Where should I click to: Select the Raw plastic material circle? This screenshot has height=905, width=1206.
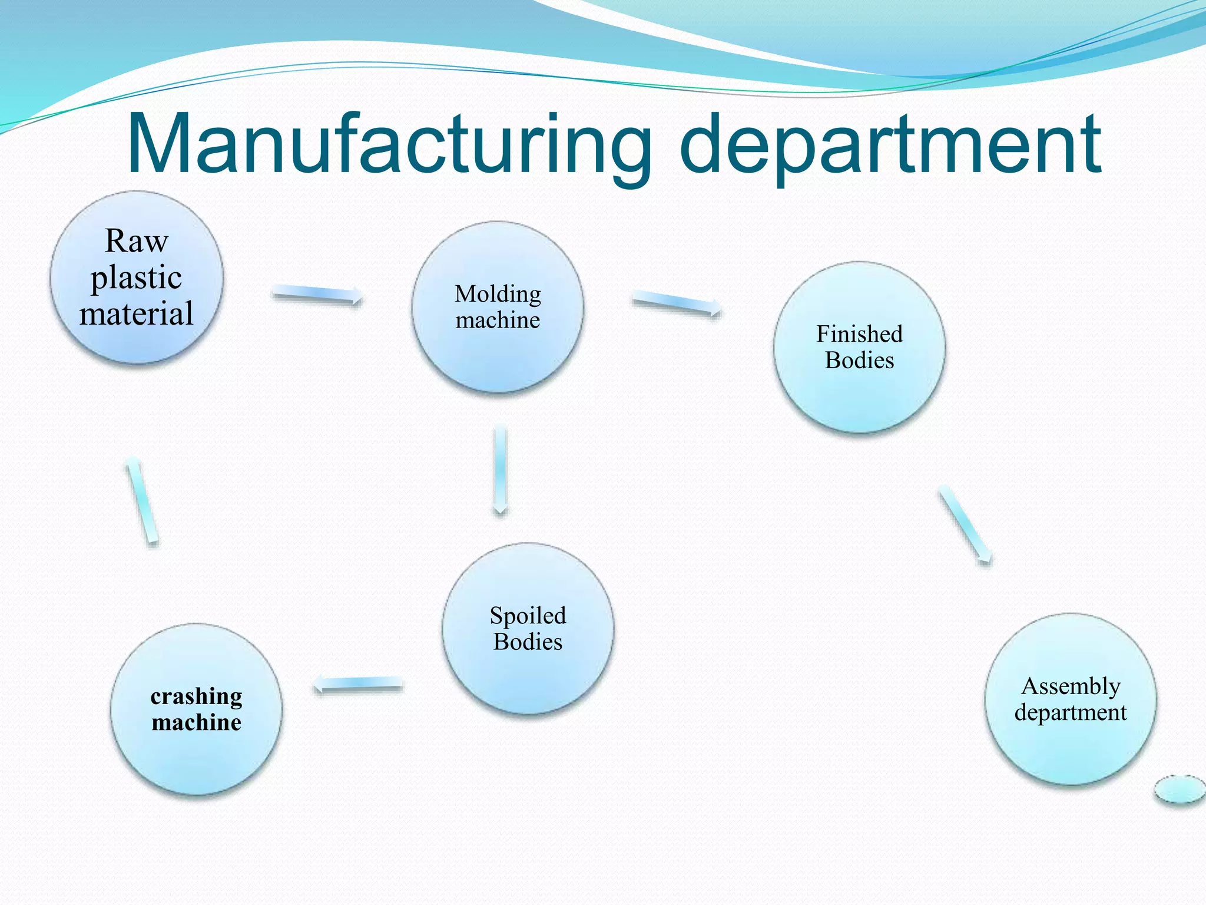(137, 278)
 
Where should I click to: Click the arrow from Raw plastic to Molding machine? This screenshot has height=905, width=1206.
(317, 294)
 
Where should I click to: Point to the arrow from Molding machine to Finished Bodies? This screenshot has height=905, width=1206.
(676, 303)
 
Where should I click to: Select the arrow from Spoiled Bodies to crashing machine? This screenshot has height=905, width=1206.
(359, 684)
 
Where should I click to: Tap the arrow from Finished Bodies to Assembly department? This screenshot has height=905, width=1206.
(965, 524)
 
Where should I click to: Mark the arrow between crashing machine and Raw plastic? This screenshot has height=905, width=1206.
(142, 500)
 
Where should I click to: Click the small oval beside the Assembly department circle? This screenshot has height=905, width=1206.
(1180, 790)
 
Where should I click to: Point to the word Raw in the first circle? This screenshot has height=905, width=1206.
(137, 241)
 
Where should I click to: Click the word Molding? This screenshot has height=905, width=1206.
(498, 293)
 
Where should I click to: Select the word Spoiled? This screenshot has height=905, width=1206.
(528, 616)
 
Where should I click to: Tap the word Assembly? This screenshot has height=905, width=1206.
(1071, 686)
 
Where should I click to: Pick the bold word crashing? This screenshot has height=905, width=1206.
(196, 696)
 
